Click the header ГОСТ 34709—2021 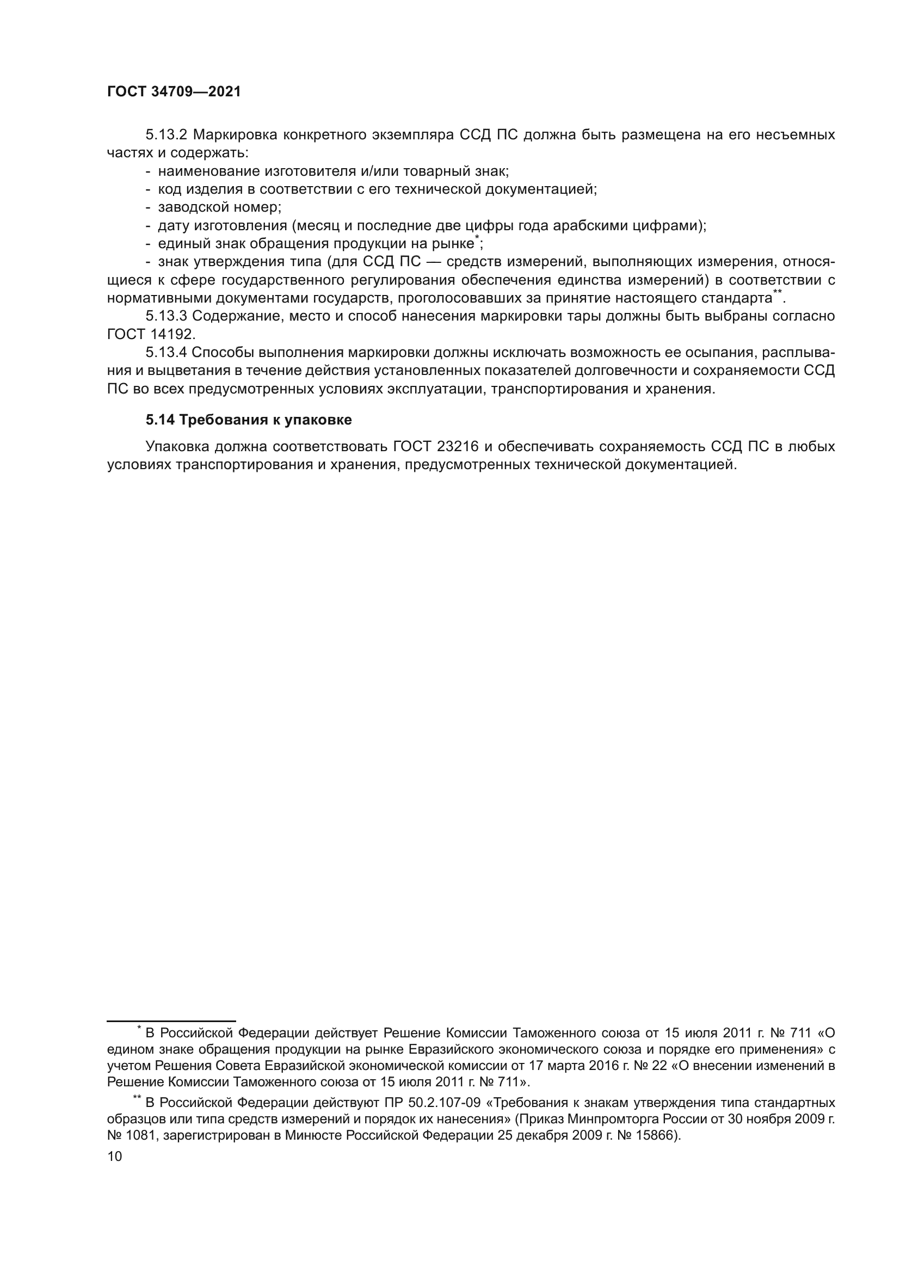click(x=174, y=92)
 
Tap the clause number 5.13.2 click(x=167, y=135)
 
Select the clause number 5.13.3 click(x=167, y=316)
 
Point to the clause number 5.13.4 click(x=167, y=353)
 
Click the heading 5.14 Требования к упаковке click(x=248, y=420)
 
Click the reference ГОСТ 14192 click(x=151, y=334)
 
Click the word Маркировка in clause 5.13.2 click(x=233, y=135)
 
